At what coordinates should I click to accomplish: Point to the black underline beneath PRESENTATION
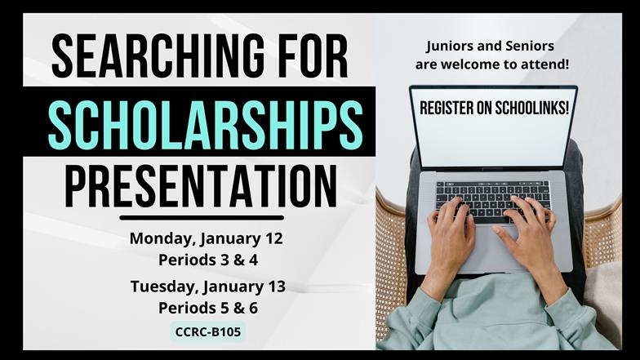(x=202, y=218)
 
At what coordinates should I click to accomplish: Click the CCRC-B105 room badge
(x=207, y=331)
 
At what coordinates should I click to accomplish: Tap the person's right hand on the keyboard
(x=531, y=237)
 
